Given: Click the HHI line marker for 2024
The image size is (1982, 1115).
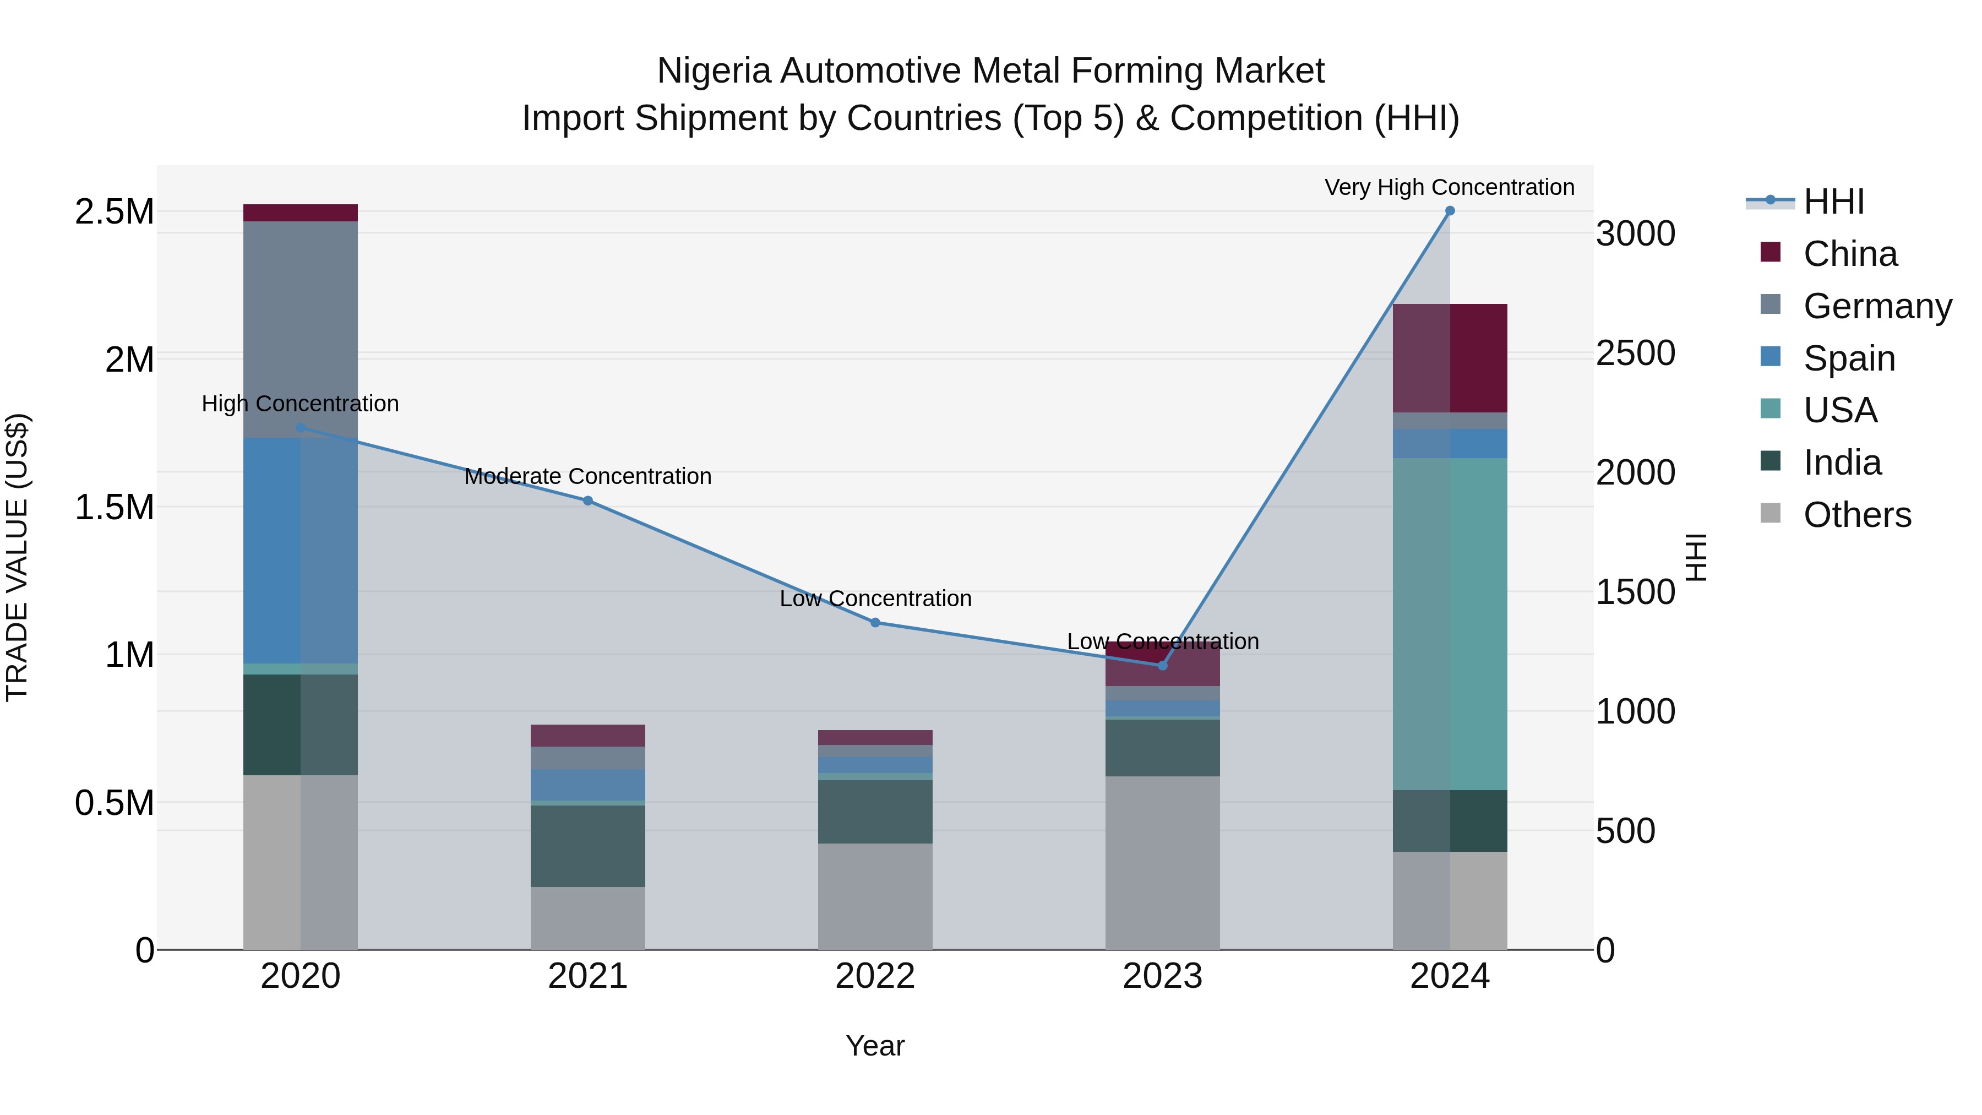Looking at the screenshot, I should [x=1450, y=211].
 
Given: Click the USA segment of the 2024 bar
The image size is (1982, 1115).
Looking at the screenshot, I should [x=1450, y=623].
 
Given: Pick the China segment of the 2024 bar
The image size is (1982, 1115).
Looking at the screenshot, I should [x=1450, y=358].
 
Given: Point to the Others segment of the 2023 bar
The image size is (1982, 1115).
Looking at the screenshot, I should [x=1162, y=862].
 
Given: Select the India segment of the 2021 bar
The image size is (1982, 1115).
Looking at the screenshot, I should [x=588, y=846].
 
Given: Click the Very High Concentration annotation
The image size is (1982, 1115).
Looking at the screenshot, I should [x=1450, y=187].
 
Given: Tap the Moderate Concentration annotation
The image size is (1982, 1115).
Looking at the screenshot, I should [x=588, y=476].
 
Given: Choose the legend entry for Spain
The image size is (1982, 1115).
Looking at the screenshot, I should [x=1849, y=358].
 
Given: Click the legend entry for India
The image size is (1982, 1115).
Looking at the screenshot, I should [x=1842, y=463].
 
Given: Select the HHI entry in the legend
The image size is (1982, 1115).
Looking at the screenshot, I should [x=1833, y=202].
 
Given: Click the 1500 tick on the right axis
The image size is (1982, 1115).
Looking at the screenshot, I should [x=1635, y=592].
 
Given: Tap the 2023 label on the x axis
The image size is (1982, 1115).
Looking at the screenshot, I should [x=1162, y=976].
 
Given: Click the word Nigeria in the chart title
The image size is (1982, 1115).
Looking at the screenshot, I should [x=713, y=71].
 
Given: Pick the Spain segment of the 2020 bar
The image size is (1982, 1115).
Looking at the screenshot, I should [x=300, y=550].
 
